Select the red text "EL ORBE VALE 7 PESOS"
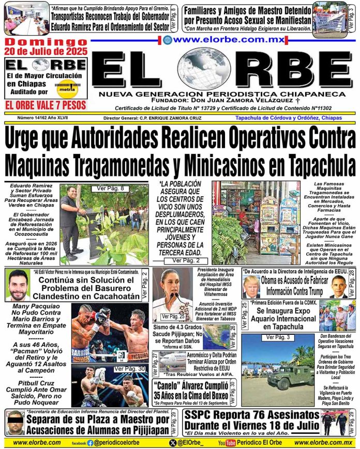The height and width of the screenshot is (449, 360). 45,105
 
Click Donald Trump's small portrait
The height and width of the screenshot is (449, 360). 251,286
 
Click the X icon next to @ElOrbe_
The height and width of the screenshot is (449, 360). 172,443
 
